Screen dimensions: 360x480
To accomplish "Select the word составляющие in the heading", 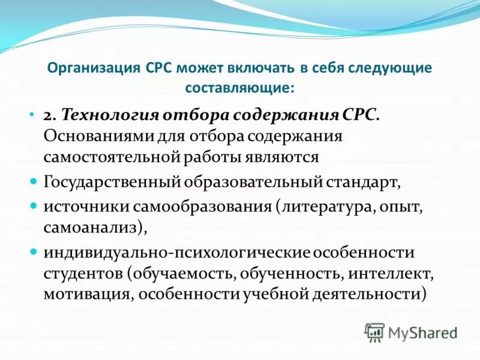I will [x=238, y=88].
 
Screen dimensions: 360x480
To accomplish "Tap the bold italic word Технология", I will [x=104, y=115].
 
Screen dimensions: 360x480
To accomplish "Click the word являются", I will [x=282, y=157].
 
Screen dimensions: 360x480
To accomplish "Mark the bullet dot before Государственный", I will [x=34, y=181].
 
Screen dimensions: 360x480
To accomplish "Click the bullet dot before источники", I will [x=34, y=205].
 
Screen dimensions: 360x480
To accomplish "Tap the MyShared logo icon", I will [x=374, y=331].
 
